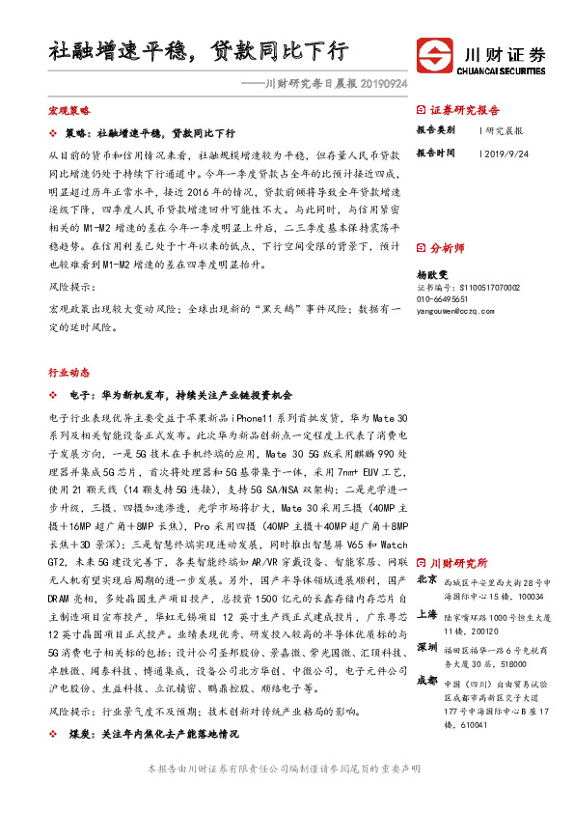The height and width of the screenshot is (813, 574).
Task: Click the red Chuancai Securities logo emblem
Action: click(433, 53)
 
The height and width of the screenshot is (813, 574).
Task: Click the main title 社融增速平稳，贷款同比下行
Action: click(198, 51)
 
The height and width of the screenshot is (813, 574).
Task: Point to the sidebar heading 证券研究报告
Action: click(465, 110)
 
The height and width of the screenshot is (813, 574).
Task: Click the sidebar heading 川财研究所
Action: click(458, 563)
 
